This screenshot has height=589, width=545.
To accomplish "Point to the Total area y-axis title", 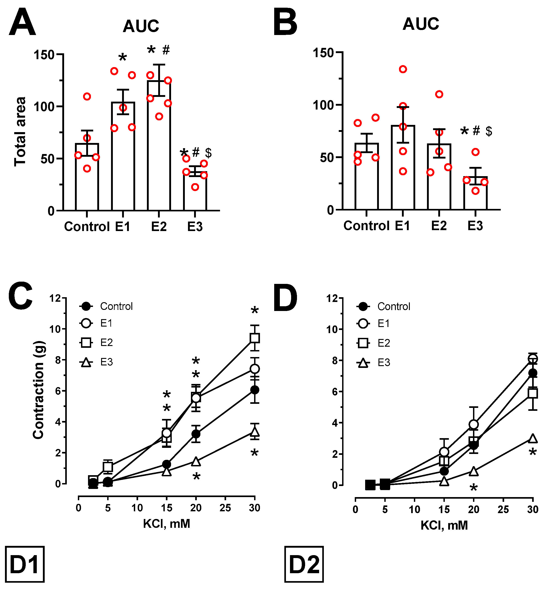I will click(x=20, y=131).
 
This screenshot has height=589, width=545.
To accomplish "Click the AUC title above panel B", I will click(x=421, y=24).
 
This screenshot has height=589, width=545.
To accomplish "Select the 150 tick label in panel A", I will click(x=44, y=55).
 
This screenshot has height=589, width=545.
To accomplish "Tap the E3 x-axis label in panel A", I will click(x=195, y=227).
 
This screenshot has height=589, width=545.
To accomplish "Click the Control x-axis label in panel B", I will click(x=366, y=226).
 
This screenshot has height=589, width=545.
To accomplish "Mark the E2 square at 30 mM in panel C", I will click(x=255, y=338).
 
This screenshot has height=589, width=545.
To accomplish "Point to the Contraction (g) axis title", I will click(x=39, y=390).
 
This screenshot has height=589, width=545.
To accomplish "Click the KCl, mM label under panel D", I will click(x=444, y=526).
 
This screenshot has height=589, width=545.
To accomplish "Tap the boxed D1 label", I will click(x=25, y=564).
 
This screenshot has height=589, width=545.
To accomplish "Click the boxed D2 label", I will click(x=304, y=564).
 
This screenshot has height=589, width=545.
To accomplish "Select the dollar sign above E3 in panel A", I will click(x=208, y=153).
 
